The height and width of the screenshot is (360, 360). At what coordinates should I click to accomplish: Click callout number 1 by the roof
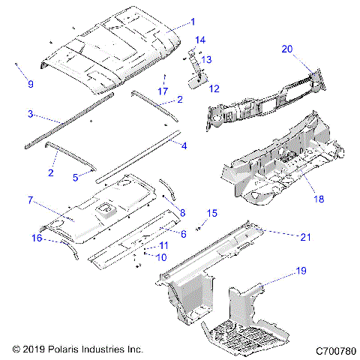tap(192, 22)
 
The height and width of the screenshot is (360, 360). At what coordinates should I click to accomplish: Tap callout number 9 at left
tap(30, 83)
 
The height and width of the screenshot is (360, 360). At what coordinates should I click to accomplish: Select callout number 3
tap(30, 114)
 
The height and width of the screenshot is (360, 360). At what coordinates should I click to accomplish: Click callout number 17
tap(162, 91)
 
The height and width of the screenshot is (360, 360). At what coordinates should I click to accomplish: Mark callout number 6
tap(181, 233)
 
